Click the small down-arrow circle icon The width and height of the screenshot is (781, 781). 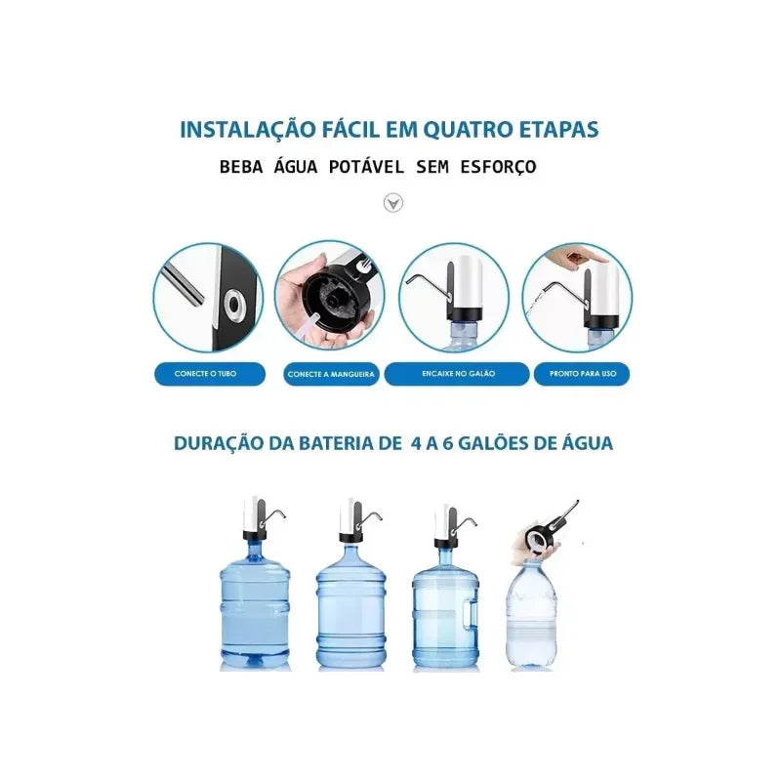pos(392,203)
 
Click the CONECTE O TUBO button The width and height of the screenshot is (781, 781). pos(209,374)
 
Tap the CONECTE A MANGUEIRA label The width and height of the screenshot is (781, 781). pos(332,374)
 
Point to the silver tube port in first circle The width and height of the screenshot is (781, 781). pos(234,305)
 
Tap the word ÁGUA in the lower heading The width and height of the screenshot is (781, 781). pos(587,442)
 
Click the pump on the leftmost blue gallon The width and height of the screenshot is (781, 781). pos(258,517)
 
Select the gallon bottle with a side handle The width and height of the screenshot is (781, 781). pos(445,610)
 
